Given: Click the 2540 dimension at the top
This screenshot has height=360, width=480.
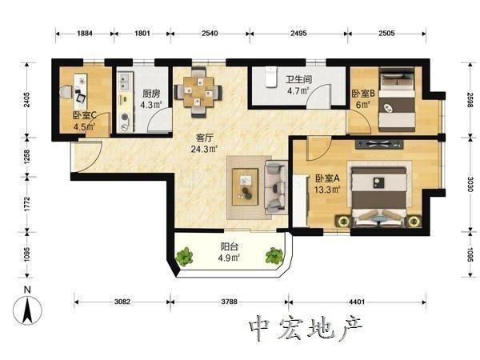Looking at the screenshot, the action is pos(210,33).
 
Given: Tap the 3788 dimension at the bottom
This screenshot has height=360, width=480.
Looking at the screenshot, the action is pos(229,302).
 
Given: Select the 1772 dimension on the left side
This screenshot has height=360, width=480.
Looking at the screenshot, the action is pos(27,204).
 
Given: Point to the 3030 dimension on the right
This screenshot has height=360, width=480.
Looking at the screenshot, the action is pos(470,184).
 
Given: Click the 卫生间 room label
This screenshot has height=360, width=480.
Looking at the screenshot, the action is pos(298,79).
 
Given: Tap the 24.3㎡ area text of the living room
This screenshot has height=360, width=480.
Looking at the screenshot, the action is pos(204,149).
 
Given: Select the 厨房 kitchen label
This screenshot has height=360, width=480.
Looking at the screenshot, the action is pos(151,94).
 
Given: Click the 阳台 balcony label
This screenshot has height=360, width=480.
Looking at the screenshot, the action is pos(230,246).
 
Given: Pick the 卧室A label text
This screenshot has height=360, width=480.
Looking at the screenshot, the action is pos(327,178).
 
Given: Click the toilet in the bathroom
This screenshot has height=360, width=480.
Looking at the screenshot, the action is pos(271,78).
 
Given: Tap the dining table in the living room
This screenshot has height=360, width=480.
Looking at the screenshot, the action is pos(198,91).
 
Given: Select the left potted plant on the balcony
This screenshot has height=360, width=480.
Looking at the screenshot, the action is pos(184,257).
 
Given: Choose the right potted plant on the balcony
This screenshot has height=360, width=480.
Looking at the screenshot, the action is pos(274,256).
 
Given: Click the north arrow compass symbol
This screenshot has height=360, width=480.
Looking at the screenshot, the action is pos(27,310).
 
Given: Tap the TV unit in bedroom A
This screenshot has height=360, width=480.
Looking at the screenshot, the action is pos(379,144).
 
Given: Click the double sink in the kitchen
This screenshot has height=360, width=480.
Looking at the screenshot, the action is pos(124,82).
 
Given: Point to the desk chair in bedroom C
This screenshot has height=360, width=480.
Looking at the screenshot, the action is pos(66,92).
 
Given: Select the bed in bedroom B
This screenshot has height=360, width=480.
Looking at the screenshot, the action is pos(398,100).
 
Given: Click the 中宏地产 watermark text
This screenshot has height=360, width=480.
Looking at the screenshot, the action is pos(306,329).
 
